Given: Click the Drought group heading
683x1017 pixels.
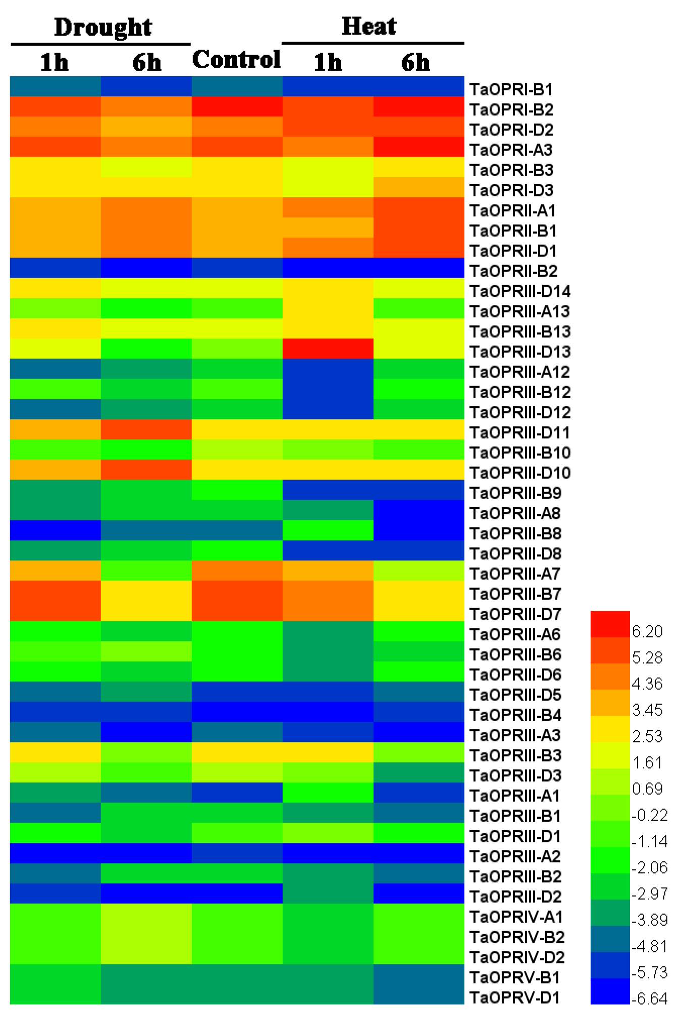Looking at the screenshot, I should point(102,27).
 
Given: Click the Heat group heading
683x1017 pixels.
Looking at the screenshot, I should point(369,26).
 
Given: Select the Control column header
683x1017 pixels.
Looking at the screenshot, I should point(236,60).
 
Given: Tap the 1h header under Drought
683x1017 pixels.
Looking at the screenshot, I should point(54,63).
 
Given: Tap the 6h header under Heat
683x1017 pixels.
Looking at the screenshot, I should point(415,63).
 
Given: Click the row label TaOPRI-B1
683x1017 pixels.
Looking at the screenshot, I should point(511,89).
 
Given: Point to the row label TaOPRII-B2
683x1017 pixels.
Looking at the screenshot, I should point(513,271).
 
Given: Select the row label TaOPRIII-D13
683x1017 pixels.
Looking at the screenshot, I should point(520,352).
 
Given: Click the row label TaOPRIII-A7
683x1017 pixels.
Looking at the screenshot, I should point(515,574).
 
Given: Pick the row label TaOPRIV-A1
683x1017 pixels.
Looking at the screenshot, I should point(516,917).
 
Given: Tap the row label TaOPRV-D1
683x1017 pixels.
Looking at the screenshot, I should point(514,998).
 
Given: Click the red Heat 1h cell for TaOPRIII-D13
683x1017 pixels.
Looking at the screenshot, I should point(328,349).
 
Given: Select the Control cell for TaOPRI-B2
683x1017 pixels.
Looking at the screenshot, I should point(237,106).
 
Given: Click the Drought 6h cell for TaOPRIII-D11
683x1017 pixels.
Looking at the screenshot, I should point(146,430).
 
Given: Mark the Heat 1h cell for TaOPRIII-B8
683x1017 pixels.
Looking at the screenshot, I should point(328,530).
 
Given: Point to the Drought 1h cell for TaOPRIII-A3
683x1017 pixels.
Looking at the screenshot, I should point(55,732).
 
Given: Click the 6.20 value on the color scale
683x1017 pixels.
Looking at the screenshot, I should point(647,631).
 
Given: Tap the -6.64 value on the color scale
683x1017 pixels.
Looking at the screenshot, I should point(649,999).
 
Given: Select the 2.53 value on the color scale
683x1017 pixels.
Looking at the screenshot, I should point(647,736).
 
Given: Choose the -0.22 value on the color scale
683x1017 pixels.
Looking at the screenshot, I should point(649,815).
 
